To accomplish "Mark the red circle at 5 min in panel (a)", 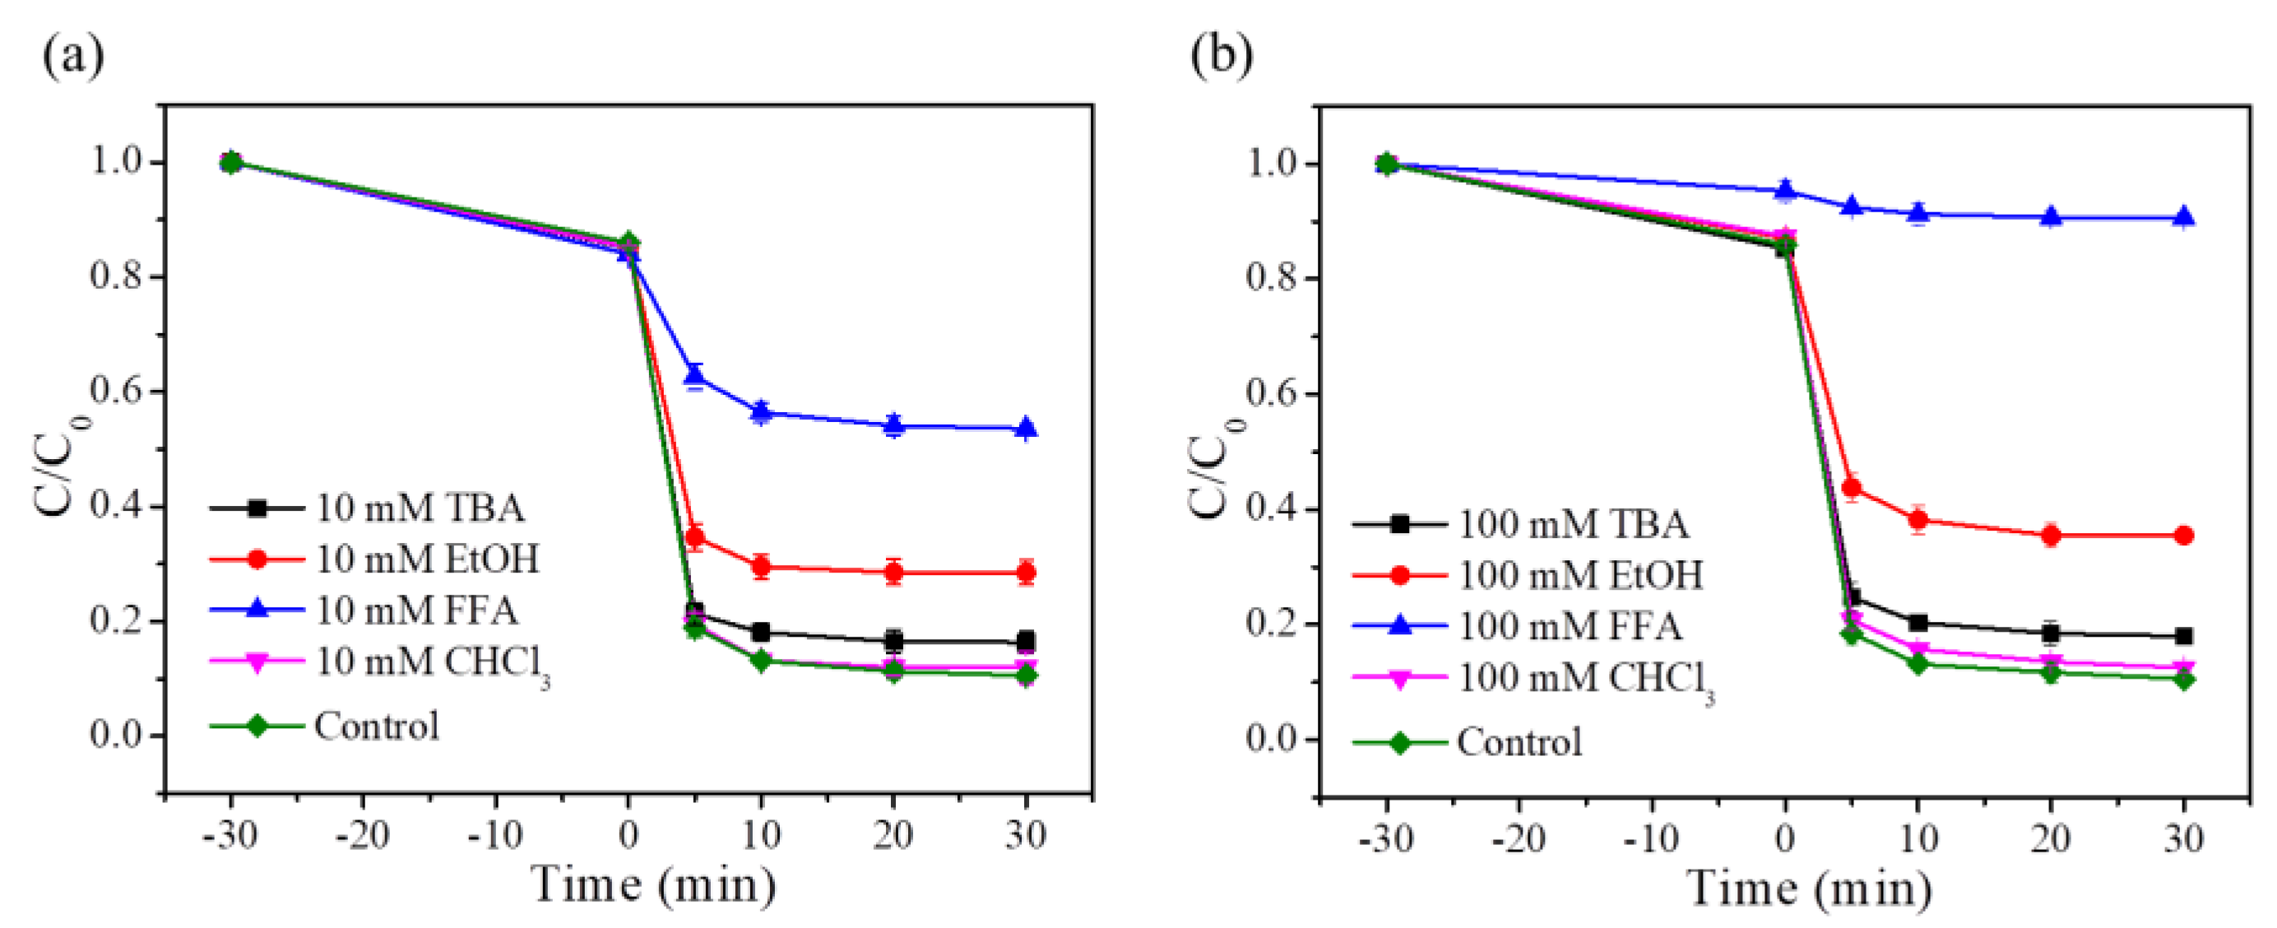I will click(x=695, y=536).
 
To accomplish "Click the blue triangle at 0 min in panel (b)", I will click(x=1786, y=190).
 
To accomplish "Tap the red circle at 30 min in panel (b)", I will click(x=2183, y=536).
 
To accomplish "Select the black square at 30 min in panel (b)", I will click(x=2183, y=636).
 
